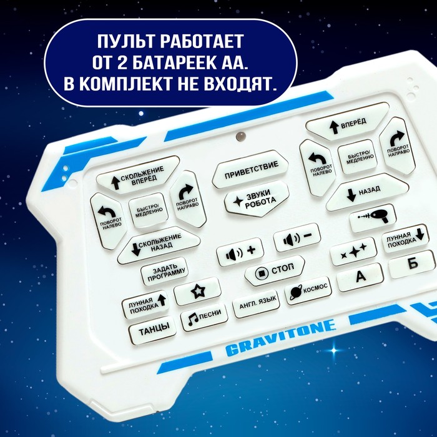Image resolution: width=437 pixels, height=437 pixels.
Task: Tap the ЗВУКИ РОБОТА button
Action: click(x=257, y=199)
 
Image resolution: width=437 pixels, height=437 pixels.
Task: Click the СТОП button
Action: click(x=275, y=270)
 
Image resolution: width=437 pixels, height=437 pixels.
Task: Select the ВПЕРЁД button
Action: click(x=347, y=122)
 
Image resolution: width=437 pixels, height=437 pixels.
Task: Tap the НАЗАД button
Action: click(x=367, y=192)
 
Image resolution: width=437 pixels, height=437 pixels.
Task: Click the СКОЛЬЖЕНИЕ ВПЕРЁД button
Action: click(x=138, y=175)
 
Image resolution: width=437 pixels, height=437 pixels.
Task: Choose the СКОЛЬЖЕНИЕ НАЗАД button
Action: click(x=159, y=245)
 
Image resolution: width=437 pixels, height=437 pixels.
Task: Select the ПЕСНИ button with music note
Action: click(x=204, y=317)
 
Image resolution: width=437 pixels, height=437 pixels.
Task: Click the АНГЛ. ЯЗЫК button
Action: click(x=257, y=304)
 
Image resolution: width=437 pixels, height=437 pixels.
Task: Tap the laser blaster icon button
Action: click(x=373, y=219)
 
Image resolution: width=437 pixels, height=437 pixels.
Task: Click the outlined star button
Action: click(x=198, y=292)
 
